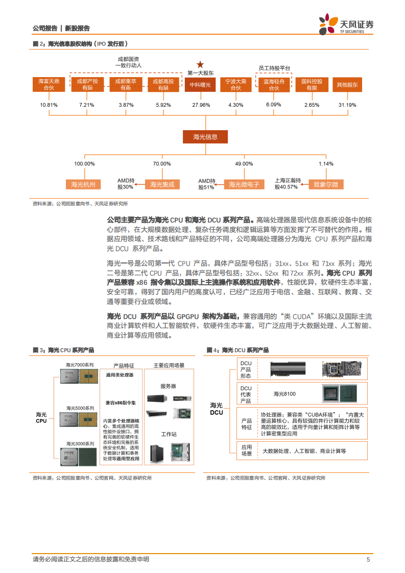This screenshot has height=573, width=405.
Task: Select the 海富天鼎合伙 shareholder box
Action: pos(49,85)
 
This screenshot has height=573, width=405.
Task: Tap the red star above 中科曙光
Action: pos(200,64)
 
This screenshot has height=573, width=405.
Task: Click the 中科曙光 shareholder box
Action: pos(200,85)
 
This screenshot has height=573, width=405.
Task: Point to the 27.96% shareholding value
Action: pos(200,105)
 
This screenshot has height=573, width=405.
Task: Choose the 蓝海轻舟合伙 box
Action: pos(274,85)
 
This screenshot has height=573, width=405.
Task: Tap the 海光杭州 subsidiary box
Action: pos(84,184)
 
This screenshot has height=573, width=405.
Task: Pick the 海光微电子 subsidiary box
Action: pos(244,184)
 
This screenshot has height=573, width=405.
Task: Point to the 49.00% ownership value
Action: pos(244,163)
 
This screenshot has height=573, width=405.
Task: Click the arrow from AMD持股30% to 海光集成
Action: pos(138,184)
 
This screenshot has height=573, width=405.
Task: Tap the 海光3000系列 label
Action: pos(80,444)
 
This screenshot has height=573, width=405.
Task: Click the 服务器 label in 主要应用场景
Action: pos(168,386)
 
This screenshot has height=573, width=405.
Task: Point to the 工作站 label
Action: pos(168,435)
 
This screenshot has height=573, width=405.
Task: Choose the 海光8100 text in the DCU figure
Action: pos(284,394)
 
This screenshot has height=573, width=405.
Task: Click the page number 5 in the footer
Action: pos(368,559)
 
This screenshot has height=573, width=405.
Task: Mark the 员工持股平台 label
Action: pos(274,68)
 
